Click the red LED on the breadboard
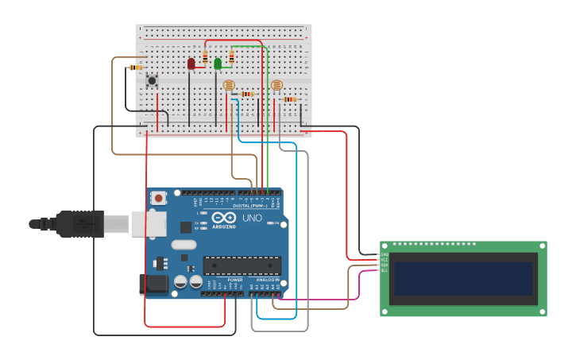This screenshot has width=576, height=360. click(x=191, y=63)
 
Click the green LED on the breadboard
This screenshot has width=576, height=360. click(x=218, y=63)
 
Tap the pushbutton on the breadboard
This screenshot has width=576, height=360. click(x=152, y=80)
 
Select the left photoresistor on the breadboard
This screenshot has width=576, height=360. click(x=229, y=85)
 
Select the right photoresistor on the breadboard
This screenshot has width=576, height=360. click(x=276, y=85)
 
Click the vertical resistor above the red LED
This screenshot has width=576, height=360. click(x=206, y=57)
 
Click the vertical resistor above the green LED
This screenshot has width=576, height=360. click(x=231, y=56)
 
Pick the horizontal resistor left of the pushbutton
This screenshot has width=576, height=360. click(x=136, y=68)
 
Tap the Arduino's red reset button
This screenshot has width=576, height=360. click(x=158, y=198)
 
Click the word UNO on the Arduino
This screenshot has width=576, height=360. click(x=252, y=218)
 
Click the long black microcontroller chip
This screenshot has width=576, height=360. click(x=242, y=265)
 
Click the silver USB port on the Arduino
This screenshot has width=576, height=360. click(x=149, y=224)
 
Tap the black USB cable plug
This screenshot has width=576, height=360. click(x=80, y=224)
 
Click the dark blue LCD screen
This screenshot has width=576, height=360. click(x=463, y=278)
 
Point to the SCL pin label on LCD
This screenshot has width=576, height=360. click(x=385, y=271)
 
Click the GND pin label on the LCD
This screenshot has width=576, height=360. click(x=385, y=254)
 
